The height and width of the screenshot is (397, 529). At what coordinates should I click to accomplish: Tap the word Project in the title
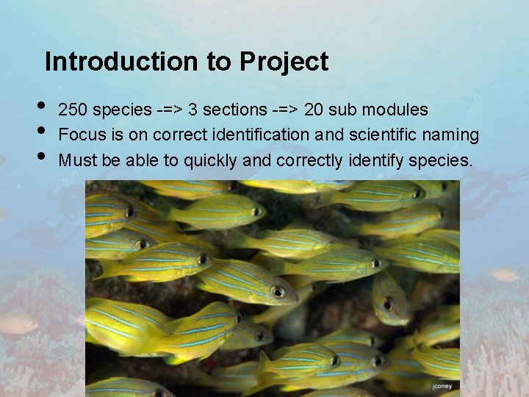(283, 62)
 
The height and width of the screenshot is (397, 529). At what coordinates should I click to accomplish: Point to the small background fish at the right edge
(505, 275)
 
